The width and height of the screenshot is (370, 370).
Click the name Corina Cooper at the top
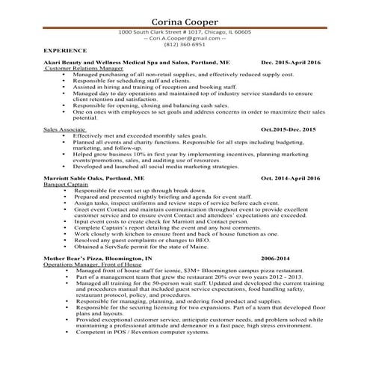pyautogui.click(x=185, y=21)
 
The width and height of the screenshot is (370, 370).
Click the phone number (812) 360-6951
pyautogui.click(x=185, y=44)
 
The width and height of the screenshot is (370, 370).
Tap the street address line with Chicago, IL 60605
pyautogui.click(x=185, y=32)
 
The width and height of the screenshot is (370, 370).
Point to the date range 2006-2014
pyautogui.click(x=274, y=259)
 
